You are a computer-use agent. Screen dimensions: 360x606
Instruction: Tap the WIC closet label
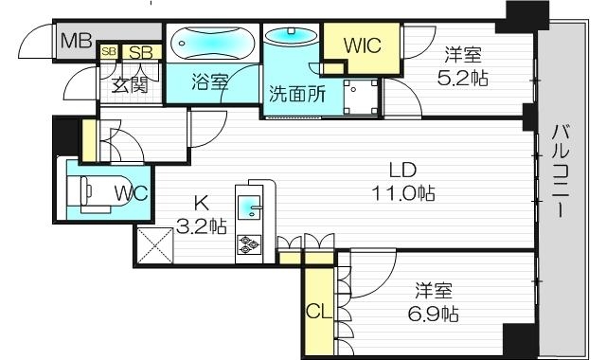(x=362, y=44)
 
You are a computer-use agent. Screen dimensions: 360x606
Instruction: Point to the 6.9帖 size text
(x=437, y=313)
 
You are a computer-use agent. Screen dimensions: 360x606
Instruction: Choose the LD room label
(x=402, y=171)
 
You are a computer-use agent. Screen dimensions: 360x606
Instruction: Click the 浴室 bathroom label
(x=209, y=81)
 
